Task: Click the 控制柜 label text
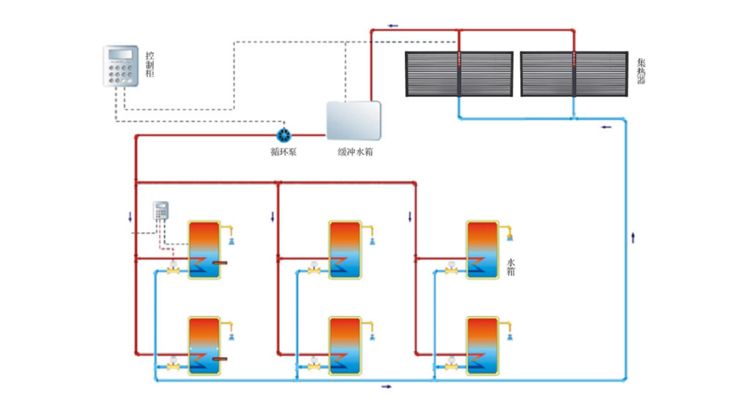point(149,65)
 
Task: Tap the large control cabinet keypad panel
point(121,66)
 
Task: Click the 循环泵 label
point(284,152)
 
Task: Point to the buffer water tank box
point(353,120)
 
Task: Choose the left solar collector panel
point(459,74)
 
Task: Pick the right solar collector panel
point(574,74)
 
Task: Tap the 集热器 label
point(641,71)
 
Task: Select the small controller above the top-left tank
point(162,211)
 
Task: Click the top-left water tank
point(204,250)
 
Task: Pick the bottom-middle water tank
point(345,346)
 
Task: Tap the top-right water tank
point(482,250)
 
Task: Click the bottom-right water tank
point(482,346)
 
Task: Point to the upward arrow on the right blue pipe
point(633,238)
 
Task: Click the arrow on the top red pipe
point(393,26)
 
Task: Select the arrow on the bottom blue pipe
point(386,386)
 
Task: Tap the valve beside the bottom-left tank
point(172,366)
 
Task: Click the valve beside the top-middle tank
point(313,270)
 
